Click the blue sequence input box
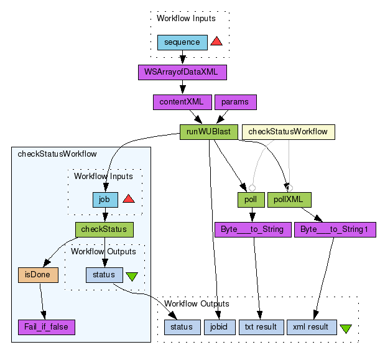pyautogui.click(x=182, y=42)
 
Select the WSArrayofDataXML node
pyautogui.click(x=182, y=72)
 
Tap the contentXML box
pyautogui.click(x=181, y=102)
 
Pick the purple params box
pyautogui.click(x=235, y=102)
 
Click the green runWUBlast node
pyautogui.click(x=209, y=131)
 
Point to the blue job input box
pyautogui.click(x=103, y=200)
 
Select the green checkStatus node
pyautogui.click(x=104, y=229)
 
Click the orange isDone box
pyautogui.click(x=39, y=274)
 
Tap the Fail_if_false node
pyautogui.click(x=47, y=326)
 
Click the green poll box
pyautogui.click(x=247, y=200)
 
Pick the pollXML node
pyautogui.click(x=290, y=200)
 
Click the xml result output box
pyautogui.click(x=312, y=326)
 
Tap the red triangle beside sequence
pyautogui.click(x=216, y=42)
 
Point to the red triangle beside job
pyautogui.click(x=129, y=199)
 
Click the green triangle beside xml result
pyautogui.click(x=346, y=328)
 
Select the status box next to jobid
pyautogui.click(x=182, y=326)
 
